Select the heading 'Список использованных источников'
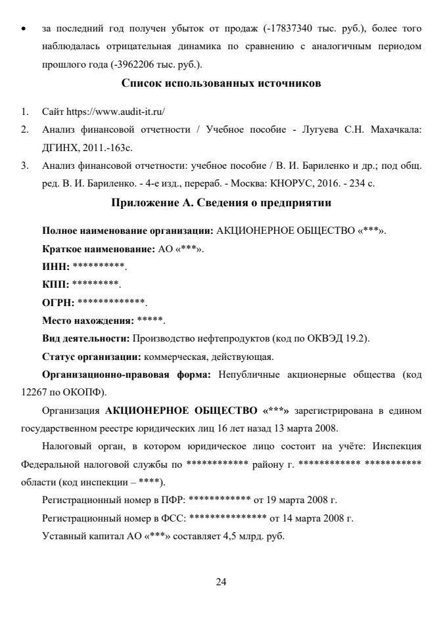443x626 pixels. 221,83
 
